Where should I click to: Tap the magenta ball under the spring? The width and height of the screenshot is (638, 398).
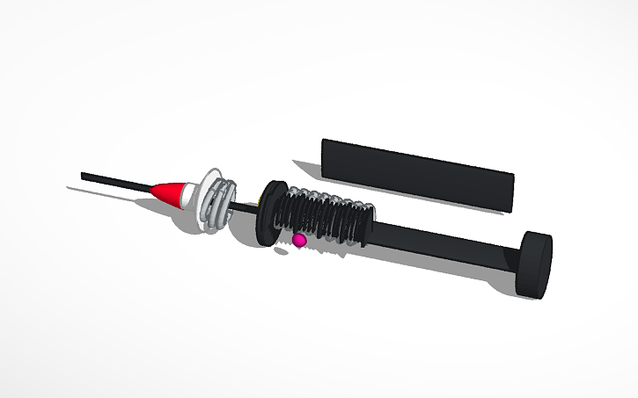coord(299,240)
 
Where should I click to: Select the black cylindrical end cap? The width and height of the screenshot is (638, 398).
coord(534,263)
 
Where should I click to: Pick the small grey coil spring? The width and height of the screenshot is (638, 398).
coord(225,203)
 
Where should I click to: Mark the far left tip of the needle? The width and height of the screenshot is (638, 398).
coord(83,176)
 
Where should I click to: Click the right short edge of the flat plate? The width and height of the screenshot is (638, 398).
coord(513,192)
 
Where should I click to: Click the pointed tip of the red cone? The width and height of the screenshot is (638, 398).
coord(152,188)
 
